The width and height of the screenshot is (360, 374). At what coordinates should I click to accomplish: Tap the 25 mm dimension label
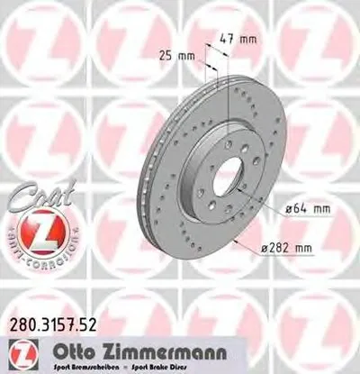(185, 56)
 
